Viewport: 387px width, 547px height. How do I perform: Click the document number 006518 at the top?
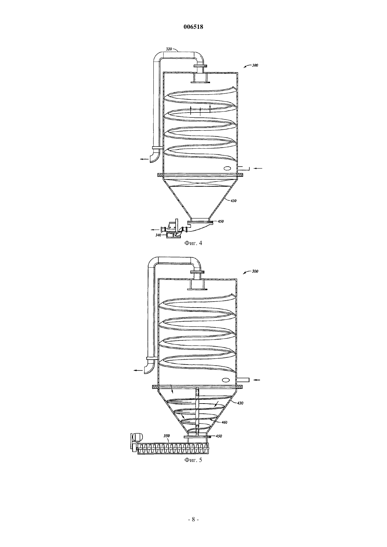click(x=193, y=27)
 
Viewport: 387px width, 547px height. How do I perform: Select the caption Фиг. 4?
click(x=193, y=243)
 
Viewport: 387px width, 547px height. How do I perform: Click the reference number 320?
click(x=169, y=49)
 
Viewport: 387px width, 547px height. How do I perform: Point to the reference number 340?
click(x=158, y=235)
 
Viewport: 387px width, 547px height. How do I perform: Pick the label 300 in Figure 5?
click(x=255, y=271)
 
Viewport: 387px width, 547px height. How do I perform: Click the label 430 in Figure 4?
click(x=233, y=201)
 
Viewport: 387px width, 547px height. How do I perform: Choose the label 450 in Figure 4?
click(x=221, y=221)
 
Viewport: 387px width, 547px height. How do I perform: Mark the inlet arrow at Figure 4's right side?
click(x=258, y=168)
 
